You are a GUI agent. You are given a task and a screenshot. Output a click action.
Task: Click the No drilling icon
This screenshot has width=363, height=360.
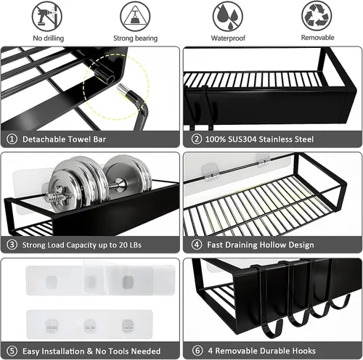coord(47,16)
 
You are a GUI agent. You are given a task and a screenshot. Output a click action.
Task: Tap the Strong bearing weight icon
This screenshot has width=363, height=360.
coord(135,16)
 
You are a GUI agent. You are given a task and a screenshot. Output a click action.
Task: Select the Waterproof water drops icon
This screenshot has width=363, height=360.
coord(228,16)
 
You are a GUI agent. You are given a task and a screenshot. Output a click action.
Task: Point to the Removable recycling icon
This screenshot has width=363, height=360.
coord(317,16)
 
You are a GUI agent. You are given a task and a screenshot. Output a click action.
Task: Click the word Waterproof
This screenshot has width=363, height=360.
coord(228,38)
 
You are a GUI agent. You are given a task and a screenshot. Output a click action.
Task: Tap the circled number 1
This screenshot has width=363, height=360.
coord(12,139)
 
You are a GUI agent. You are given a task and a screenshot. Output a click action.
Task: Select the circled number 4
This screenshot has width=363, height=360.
coord(197,245)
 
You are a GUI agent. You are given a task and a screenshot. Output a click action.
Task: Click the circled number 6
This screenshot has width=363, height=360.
coord(197,351)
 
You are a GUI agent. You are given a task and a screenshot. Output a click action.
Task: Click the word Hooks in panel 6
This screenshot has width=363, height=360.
coord(303,351)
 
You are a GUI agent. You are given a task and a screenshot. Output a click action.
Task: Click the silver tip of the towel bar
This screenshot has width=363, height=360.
coord(122,89)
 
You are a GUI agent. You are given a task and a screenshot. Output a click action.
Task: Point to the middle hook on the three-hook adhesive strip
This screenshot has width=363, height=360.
coord(89,325)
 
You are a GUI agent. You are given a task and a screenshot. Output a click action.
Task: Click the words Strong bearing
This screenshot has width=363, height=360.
coord(135,38)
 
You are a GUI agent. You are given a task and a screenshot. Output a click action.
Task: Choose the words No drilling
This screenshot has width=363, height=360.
coord(49,38)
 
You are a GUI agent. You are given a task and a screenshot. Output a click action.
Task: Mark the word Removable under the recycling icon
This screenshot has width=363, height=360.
coord(317,38)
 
